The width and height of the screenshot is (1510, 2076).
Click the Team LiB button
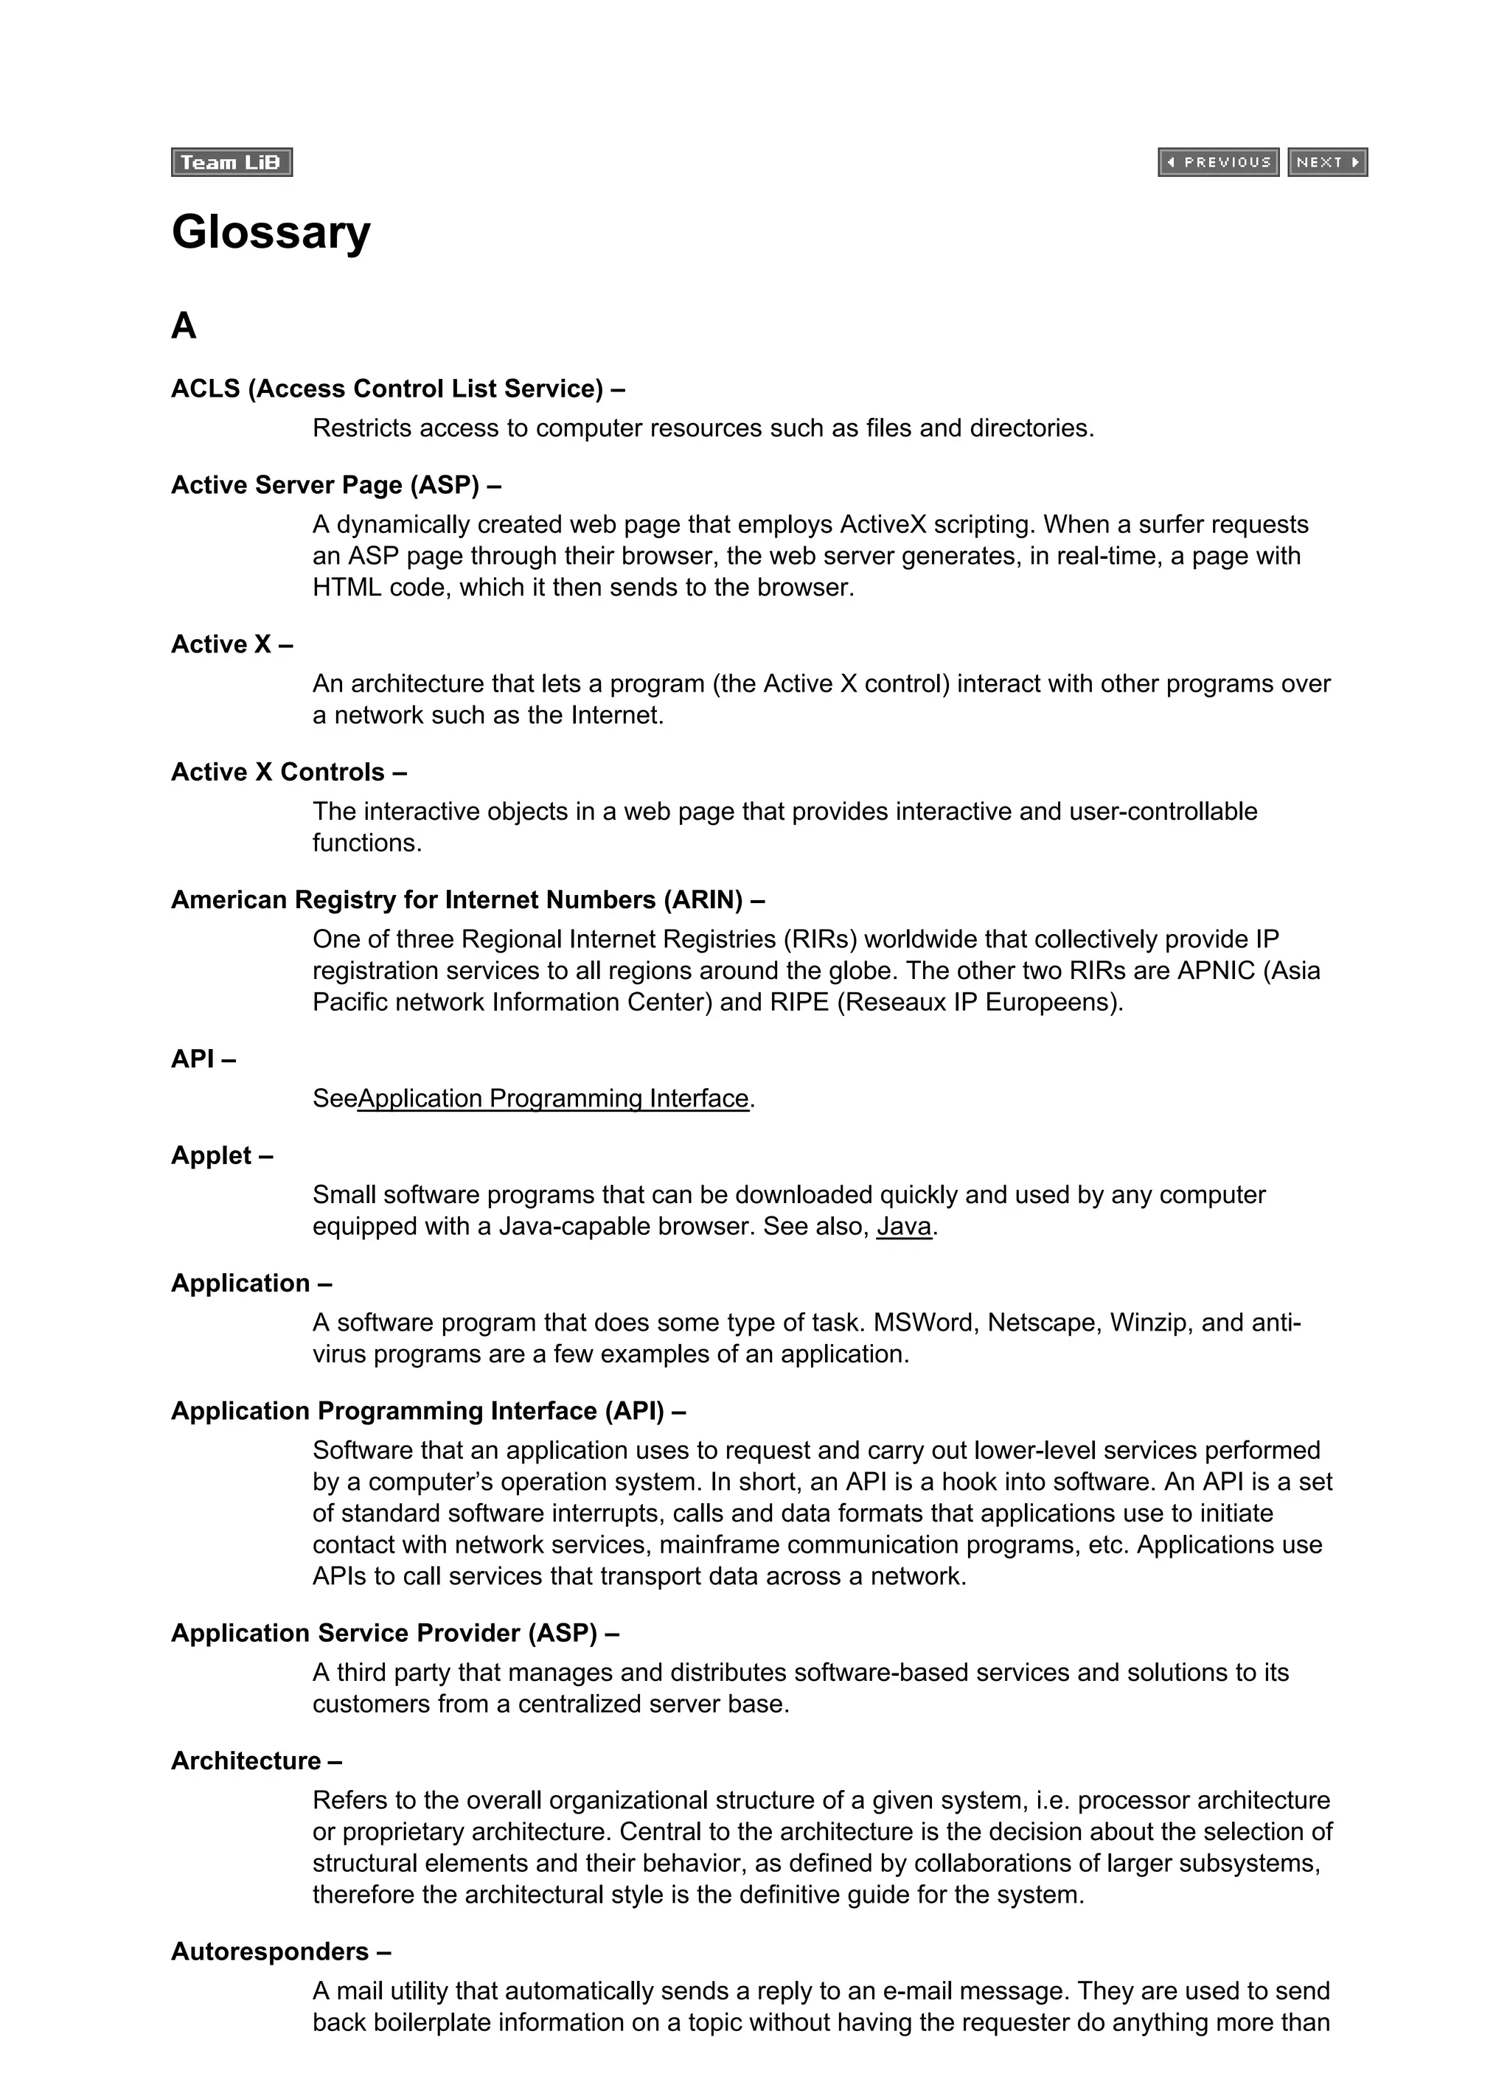[231, 162]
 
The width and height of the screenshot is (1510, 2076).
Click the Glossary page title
[271, 232]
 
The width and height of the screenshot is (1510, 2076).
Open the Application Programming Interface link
[553, 1098]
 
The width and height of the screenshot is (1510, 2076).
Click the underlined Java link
[904, 1227]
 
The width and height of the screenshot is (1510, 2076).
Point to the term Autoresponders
[270, 1951]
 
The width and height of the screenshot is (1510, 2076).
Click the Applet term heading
[212, 1156]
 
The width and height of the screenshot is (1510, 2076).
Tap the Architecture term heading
[246, 1761]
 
